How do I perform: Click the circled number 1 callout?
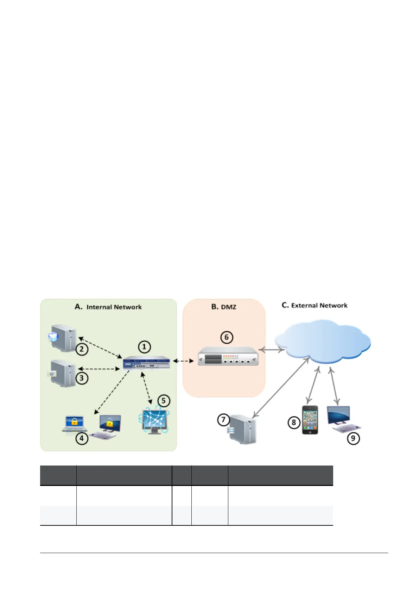[x=144, y=347]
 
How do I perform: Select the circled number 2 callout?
[x=82, y=349]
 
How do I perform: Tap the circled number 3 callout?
[x=82, y=378]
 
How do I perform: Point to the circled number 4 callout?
[x=82, y=438]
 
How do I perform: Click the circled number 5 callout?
[x=163, y=401]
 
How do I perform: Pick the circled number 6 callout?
[x=227, y=337]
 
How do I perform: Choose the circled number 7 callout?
[x=223, y=420]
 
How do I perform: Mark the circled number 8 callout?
[x=294, y=422]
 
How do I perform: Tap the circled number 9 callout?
[x=353, y=438]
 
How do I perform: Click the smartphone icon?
[x=310, y=420]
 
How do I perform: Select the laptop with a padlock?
[x=74, y=423]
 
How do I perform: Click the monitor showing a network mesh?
[x=154, y=421]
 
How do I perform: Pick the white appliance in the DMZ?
[x=228, y=356]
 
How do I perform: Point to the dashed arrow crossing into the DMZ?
[x=183, y=361]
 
